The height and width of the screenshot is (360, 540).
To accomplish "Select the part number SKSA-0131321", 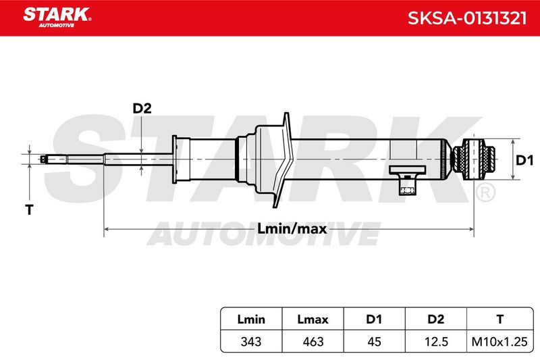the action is point(467,18).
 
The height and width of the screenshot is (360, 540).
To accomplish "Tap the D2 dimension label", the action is point(142,108).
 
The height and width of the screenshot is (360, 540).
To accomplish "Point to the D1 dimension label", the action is point(524,160).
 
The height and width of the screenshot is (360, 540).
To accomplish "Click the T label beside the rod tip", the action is point(29,209).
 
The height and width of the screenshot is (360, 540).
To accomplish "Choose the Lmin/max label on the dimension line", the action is point(292,228).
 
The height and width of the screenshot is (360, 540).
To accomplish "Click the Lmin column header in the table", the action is point(251,319).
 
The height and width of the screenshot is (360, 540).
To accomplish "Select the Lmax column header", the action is point(313,319).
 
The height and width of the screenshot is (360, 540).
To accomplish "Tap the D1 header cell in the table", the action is point(374,319).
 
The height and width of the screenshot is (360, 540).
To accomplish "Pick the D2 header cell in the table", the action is point(435,319).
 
